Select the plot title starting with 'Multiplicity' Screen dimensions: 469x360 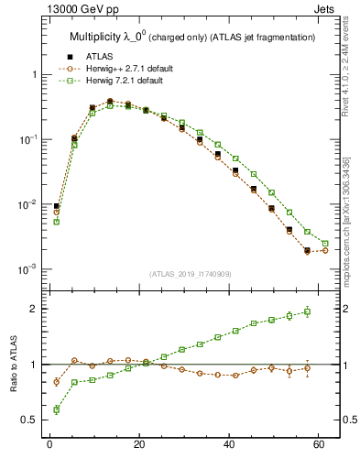coord(192,37)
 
